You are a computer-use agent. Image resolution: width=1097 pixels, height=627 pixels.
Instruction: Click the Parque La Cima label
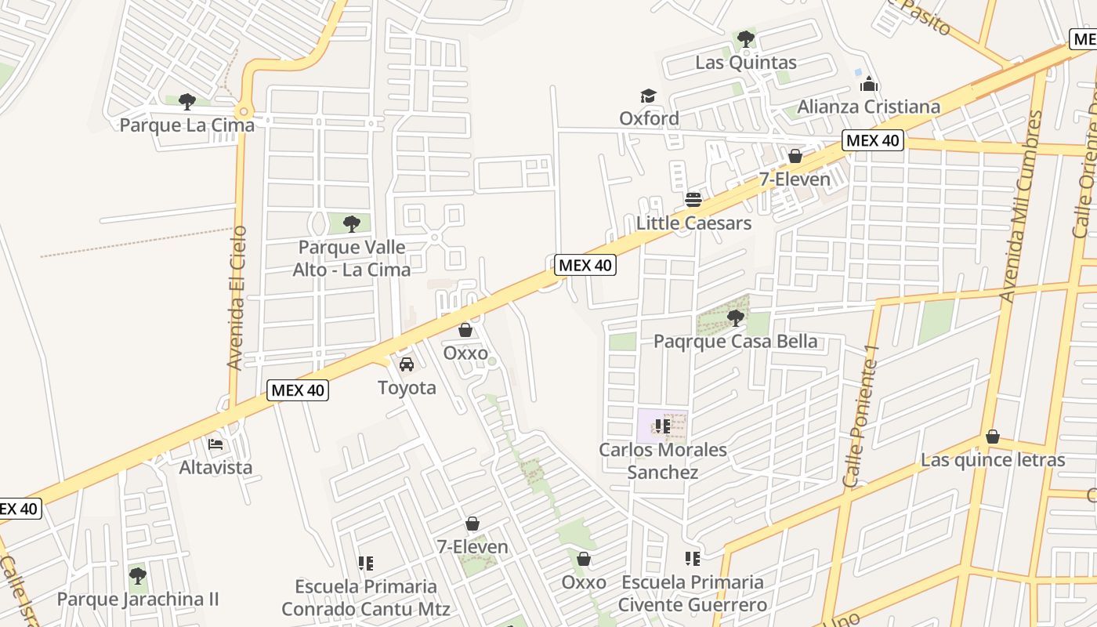click(186, 125)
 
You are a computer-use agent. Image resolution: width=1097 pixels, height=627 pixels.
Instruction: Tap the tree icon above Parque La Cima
click(186, 101)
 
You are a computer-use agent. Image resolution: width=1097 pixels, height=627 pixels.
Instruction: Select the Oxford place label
click(649, 118)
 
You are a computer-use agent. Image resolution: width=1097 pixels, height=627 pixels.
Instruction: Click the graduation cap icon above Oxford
click(648, 96)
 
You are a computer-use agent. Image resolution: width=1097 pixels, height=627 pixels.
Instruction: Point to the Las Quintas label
click(745, 63)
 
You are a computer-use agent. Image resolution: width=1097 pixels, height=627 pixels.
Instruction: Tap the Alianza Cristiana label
click(868, 107)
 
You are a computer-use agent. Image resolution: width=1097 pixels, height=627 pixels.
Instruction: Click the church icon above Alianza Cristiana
click(868, 84)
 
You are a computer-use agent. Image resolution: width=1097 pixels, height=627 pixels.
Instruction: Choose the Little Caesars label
click(693, 223)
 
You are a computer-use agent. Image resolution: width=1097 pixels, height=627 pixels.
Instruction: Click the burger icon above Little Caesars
click(693, 199)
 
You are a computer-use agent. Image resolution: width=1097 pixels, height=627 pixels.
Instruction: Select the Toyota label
click(407, 388)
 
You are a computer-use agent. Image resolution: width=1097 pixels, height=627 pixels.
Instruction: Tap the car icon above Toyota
click(407, 364)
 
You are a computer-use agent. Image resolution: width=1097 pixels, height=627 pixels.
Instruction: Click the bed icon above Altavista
click(215, 444)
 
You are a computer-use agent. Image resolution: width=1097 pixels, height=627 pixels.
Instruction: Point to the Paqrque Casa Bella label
click(735, 342)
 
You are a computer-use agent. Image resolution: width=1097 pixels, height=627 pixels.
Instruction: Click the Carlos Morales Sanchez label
click(663, 461)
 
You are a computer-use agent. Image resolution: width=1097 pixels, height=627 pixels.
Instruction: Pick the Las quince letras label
click(993, 460)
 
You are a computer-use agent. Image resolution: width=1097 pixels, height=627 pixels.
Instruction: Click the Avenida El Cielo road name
click(237, 298)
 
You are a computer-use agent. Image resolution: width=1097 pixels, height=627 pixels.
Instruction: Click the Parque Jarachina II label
click(138, 600)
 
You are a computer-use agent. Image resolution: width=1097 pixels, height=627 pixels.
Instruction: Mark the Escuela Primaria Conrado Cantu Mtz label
click(366, 598)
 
